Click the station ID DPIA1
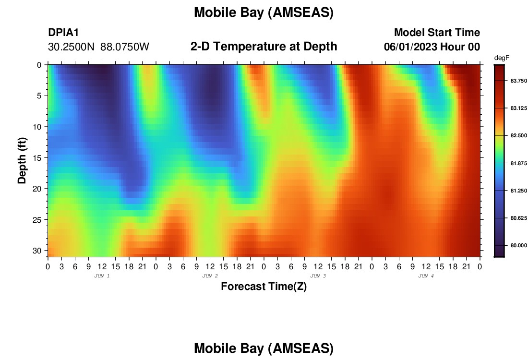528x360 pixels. (63, 32)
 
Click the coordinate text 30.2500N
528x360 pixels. (71, 47)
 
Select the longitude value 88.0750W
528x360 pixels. (125, 47)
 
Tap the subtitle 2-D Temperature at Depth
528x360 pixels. (264, 47)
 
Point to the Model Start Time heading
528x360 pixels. (437, 32)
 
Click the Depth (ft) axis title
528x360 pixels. (22, 161)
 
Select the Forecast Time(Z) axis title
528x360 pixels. (264, 286)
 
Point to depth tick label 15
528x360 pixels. (37, 158)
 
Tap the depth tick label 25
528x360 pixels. (37, 220)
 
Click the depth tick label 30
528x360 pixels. (37, 251)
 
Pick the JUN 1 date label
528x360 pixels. (102, 276)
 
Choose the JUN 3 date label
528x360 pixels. (318, 276)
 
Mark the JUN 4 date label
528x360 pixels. (426, 276)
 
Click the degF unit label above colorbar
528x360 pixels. (502, 58)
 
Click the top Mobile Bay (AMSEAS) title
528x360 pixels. (264, 12)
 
